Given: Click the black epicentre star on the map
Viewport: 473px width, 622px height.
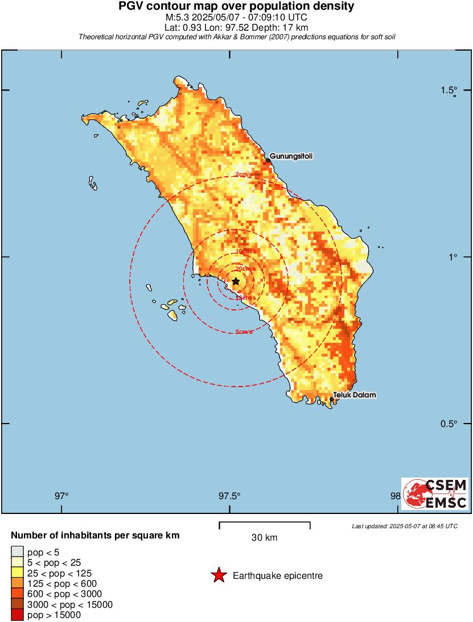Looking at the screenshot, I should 236,281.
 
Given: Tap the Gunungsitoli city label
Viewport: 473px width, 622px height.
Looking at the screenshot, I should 291,156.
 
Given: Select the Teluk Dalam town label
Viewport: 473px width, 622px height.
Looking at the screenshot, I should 355,395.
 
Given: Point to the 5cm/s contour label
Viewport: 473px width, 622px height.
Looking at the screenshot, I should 244,332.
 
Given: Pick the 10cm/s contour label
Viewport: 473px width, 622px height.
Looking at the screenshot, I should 246,251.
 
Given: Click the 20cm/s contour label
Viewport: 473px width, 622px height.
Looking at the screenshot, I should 245,268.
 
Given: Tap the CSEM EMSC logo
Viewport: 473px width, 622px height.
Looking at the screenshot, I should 435,494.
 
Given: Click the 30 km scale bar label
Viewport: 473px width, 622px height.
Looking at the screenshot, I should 264,538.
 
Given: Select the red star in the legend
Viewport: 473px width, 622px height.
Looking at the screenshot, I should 218,576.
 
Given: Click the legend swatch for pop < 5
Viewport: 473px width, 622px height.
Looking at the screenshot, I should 18,551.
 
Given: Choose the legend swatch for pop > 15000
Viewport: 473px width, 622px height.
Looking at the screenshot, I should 18,615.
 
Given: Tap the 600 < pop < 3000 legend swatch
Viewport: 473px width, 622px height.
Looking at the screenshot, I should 18,594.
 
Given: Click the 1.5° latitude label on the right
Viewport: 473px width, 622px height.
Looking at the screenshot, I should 450,90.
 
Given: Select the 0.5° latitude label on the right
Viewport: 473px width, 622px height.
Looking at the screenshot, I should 450,424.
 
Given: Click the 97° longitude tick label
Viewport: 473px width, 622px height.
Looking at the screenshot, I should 61,495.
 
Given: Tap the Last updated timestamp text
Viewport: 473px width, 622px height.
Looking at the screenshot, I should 405,526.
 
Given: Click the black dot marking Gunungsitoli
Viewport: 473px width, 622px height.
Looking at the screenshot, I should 268,161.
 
